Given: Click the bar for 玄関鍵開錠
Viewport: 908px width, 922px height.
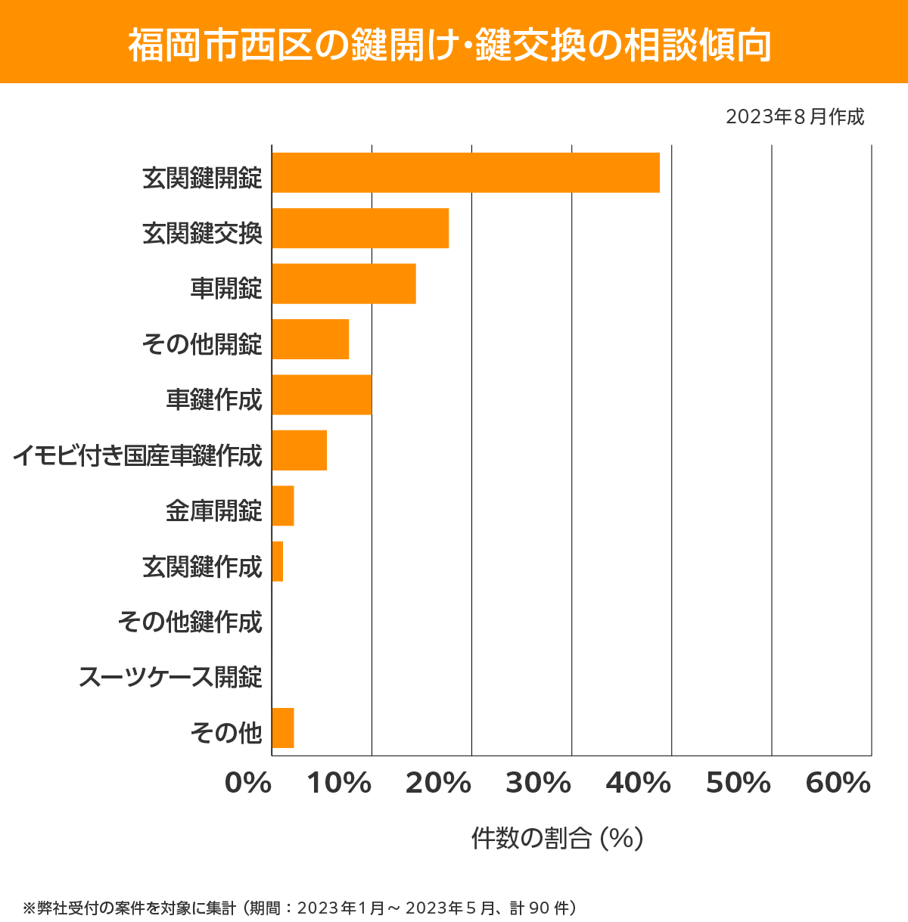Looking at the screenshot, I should point(465,172).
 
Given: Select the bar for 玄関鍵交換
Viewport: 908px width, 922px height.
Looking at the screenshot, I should point(360,228).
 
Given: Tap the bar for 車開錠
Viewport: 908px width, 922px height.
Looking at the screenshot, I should point(344,284).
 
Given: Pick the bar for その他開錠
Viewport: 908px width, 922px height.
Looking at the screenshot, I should point(310,339).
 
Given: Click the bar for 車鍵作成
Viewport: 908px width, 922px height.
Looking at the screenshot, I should point(322,395).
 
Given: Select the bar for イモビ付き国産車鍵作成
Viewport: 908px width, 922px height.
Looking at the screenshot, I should point(299,450).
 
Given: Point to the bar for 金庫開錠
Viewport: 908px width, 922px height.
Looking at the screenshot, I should point(283,506).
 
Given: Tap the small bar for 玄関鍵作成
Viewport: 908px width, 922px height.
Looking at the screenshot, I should point(278,561).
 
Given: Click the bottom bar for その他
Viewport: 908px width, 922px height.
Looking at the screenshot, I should point(283,728).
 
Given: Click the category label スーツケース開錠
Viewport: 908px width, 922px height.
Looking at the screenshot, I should point(170,677).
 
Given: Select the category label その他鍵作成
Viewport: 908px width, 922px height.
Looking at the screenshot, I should point(190,622).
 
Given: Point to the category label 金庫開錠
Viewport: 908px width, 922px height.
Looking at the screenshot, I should point(214,511).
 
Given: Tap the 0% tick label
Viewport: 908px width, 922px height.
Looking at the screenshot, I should point(248,784).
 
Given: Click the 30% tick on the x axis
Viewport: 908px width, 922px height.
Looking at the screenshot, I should point(538,784).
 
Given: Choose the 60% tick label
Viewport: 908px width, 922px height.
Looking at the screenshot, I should point(838,784).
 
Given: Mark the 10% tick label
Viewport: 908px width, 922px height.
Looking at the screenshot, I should point(339,784).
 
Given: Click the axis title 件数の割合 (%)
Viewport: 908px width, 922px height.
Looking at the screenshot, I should point(557,838).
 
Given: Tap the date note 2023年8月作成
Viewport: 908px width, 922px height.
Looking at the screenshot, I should point(794,117).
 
